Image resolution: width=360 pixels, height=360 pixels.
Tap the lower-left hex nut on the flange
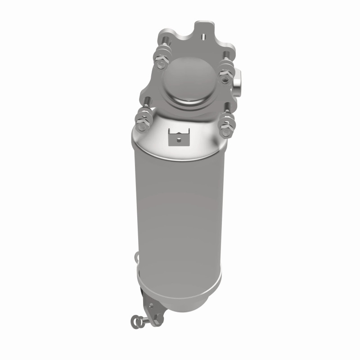tap(142, 122)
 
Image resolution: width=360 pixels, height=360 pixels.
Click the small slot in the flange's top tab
tap(203, 36)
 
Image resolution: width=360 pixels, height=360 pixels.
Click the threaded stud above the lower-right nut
tap(228, 108)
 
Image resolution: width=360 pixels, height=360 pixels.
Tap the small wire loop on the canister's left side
tap(135, 257)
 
